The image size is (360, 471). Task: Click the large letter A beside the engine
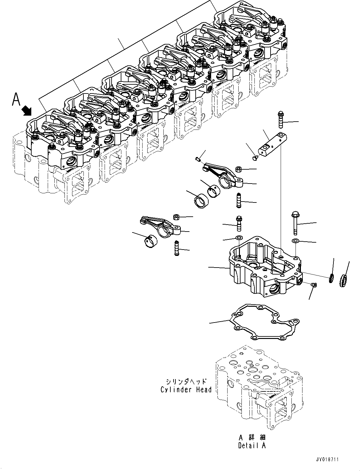tap(16, 99)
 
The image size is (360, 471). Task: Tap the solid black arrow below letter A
tap(27, 111)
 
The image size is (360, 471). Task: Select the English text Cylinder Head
tap(186, 389)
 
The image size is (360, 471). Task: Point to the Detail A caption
tap(252, 445)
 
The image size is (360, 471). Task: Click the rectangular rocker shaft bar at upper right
tap(273, 143)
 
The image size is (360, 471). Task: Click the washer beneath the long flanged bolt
tap(296, 241)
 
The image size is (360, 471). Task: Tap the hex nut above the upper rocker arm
tap(239, 169)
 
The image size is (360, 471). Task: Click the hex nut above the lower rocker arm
tap(176, 217)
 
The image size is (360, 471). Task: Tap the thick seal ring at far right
tap(343, 281)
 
